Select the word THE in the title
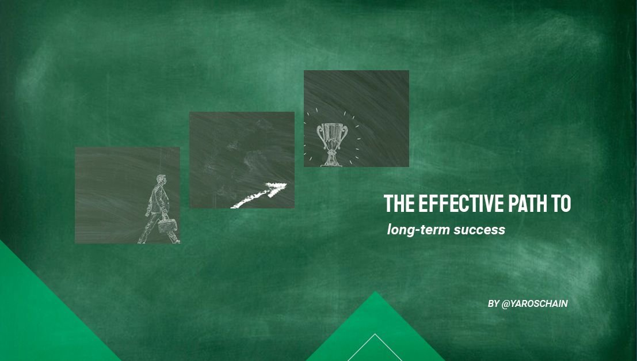click(399, 203)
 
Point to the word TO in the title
click(561, 203)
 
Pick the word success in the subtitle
click(479, 230)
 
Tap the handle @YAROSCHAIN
click(535, 303)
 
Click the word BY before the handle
click(493, 303)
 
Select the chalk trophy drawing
click(333, 145)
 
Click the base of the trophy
click(332, 161)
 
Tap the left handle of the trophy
click(320, 133)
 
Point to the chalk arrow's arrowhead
click(277, 188)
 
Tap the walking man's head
click(161, 180)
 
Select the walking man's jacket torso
click(159, 199)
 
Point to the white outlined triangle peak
click(375, 335)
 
